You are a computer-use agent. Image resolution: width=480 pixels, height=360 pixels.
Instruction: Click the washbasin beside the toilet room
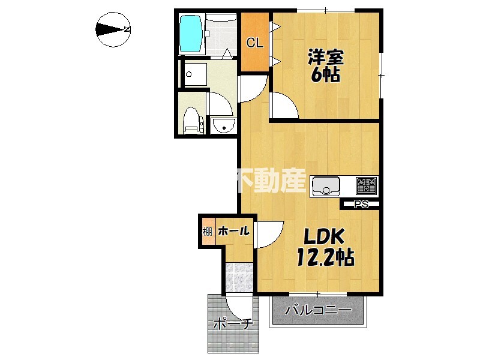coord(223,125)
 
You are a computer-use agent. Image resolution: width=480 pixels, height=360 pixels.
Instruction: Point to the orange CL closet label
coord(254,43)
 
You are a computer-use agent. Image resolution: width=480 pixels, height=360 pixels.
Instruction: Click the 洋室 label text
coord(326,58)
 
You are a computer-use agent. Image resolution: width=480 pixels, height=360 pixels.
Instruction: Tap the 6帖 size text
coord(325,75)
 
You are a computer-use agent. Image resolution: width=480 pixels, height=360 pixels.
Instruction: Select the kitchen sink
coord(326,187)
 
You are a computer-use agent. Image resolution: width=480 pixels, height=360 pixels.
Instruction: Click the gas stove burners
coord(366,185)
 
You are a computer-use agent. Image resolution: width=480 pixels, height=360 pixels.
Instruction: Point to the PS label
coord(361,205)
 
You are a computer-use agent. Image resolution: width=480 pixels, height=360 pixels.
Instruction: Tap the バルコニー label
coord(318,311)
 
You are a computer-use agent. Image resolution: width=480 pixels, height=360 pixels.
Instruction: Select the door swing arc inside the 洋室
coord(283,107)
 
